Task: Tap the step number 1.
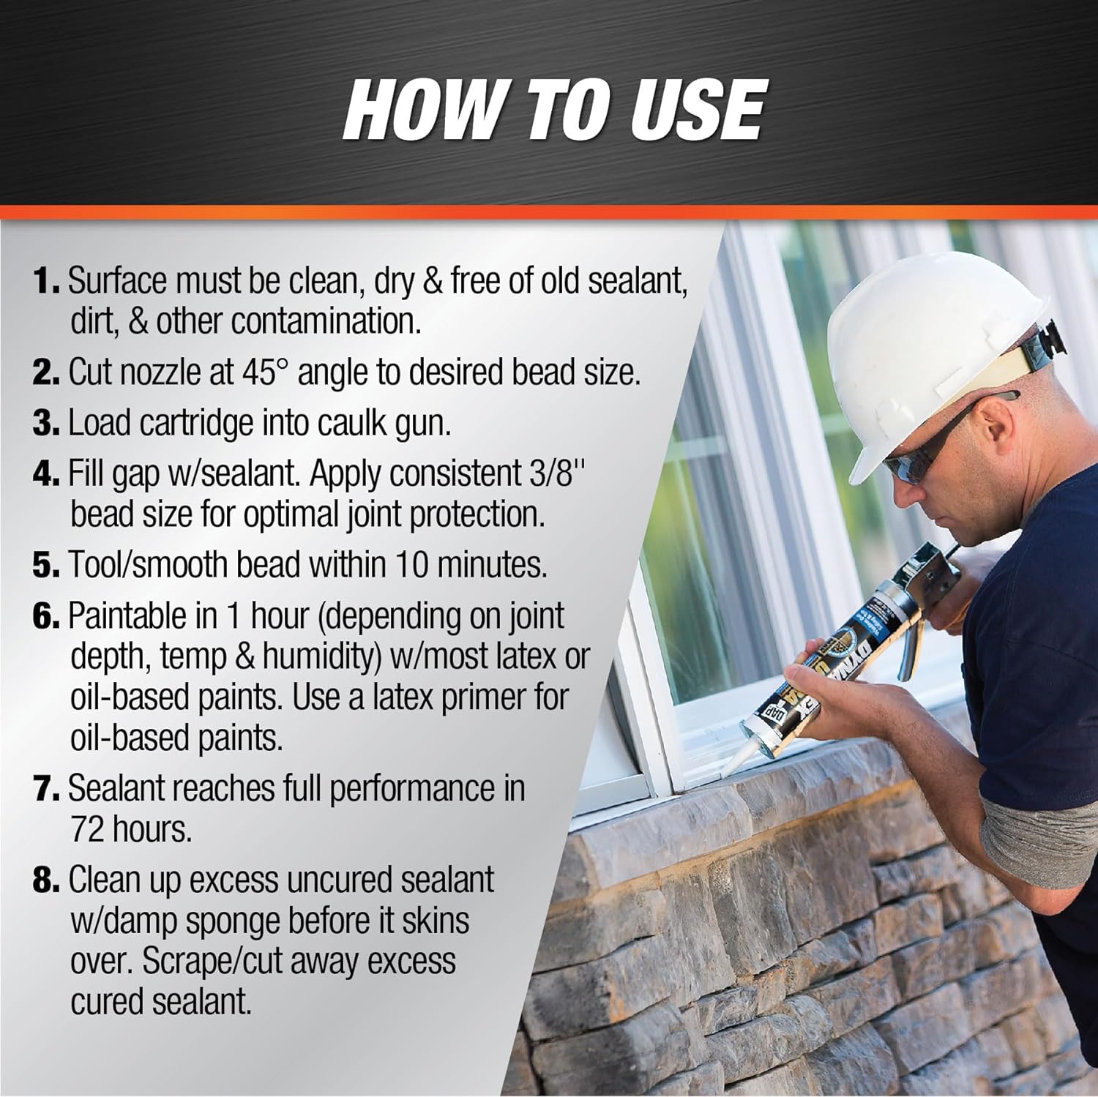pyautogui.click(x=45, y=282)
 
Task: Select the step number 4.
pyautogui.click(x=45, y=474)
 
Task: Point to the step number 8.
pyautogui.click(x=45, y=880)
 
